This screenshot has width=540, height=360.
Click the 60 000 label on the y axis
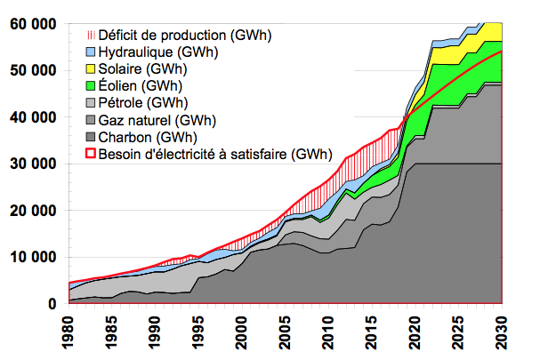tap(33, 24)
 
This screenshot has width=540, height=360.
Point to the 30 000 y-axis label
tap(33, 164)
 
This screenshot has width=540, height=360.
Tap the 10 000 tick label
tap(33, 257)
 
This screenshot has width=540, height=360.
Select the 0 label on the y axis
tap(52, 304)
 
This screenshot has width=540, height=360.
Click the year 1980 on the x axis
tap(69, 332)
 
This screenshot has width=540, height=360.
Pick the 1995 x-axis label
tap(198, 332)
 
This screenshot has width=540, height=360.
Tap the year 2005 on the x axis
tap(286, 332)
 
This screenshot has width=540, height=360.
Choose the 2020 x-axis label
tap(415, 332)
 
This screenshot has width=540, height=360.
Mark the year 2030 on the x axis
tap(502, 332)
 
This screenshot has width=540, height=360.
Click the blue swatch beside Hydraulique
tap(90, 52)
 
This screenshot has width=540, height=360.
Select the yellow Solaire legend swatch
tap(90, 68)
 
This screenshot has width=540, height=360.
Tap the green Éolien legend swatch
tap(90, 85)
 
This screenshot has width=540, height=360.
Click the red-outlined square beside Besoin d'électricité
tap(90, 154)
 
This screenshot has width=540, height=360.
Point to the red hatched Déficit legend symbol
tap(91, 35)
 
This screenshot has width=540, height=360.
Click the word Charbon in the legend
tap(125, 137)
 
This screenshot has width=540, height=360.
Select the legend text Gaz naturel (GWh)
tap(157, 121)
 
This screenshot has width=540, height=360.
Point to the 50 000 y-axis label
tap(33, 70)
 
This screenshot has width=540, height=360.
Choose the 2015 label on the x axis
tap(372, 332)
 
